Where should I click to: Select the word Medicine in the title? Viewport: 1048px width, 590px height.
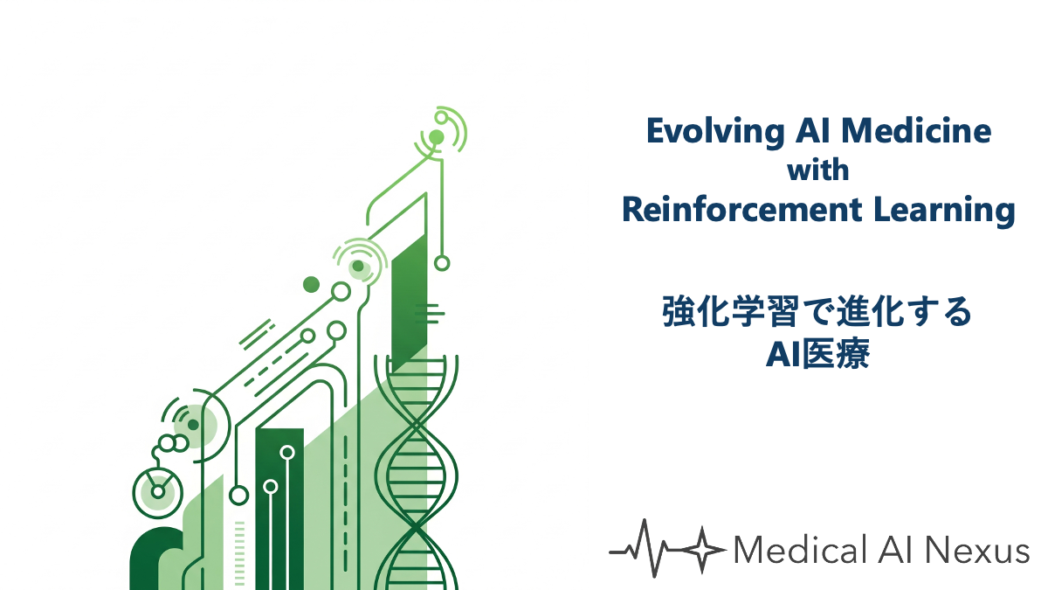point(916,130)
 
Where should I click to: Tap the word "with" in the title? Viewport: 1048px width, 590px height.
point(817,170)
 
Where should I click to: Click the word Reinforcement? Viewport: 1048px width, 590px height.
point(742,210)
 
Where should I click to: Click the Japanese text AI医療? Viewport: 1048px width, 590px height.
point(817,353)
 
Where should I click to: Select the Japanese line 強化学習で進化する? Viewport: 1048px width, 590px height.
point(817,311)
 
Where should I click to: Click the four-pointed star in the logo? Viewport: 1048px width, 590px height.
point(702,550)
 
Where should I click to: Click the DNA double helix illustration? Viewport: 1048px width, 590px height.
point(416,473)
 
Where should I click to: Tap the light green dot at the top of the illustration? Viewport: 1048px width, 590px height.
point(436,137)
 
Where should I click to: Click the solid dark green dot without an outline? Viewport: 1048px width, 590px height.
point(311,284)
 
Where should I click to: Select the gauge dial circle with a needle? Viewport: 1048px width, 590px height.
point(158,493)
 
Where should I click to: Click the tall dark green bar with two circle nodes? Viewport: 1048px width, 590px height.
point(279,509)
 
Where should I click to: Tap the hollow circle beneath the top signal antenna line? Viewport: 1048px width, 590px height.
point(442,263)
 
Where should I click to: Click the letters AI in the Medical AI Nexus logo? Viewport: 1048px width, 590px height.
point(895,550)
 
